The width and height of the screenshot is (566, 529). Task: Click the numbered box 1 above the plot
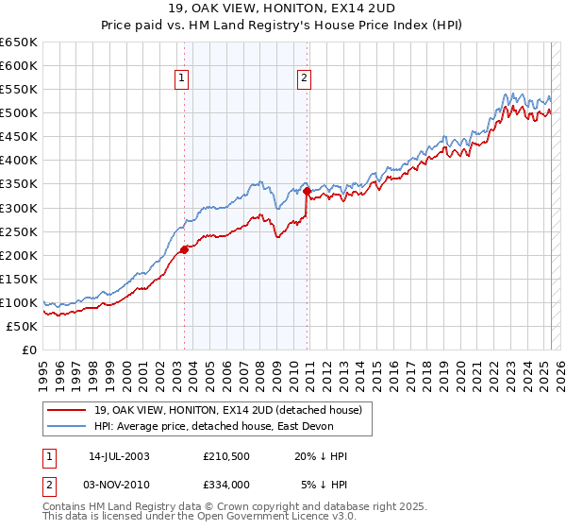[x=181, y=79]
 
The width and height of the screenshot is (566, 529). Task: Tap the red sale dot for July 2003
[x=184, y=250]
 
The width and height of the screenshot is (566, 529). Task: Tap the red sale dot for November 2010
[x=307, y=191]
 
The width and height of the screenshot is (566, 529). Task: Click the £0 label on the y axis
[x=28, y=350]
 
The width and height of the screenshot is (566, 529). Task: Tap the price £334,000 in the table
[x=225, y=485]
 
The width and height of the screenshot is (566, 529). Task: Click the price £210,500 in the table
[x=225, y=456]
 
